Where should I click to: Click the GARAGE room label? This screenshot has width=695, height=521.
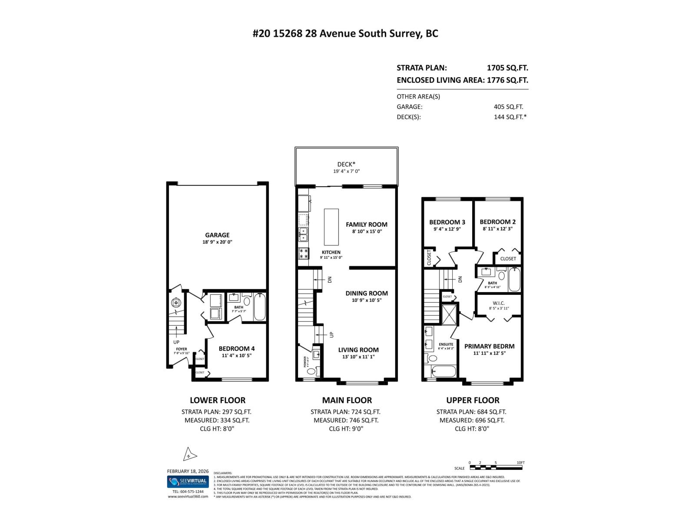coord(217,235)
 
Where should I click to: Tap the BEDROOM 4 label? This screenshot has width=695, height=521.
coord(236,348)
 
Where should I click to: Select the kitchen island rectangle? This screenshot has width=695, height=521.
coord(331,227)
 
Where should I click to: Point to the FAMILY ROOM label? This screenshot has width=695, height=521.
coord(366,224)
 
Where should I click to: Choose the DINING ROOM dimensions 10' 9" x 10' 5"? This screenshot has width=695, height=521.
coord(366,300)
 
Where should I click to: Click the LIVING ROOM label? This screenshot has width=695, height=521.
coord(358,350)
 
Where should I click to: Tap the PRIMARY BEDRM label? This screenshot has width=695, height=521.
coord(489,346)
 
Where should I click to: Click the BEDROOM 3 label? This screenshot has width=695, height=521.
coord(447,222)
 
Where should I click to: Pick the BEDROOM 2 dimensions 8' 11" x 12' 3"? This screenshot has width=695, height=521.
coord(498,228)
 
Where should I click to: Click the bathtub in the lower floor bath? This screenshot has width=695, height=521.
coord(259,307)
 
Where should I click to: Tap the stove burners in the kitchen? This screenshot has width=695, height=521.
coord(303,254)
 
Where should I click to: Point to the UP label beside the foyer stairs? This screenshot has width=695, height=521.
coord(176,342)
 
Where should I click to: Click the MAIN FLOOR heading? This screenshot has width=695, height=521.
coord(347,400)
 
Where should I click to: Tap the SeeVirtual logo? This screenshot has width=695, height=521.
coord(188,481)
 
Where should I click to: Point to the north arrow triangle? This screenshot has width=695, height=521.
coord(189,455)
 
